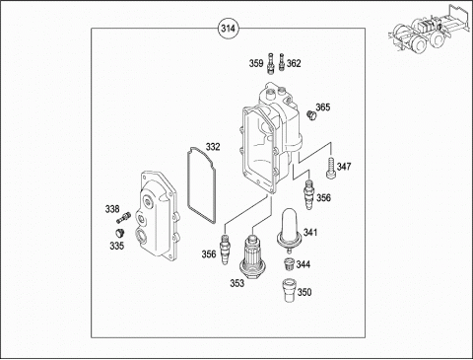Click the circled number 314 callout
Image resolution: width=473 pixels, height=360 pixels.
click(228, 29)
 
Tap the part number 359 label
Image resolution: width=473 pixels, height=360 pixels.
click(256, 63)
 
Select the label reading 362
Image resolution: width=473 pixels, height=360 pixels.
click(294, 63)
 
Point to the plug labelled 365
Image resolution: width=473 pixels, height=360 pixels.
click(310, 115)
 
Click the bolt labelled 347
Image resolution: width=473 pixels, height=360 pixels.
click(331, 169)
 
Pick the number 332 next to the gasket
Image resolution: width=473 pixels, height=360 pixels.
click(213, 147)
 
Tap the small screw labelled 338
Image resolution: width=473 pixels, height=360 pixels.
click(123, 217)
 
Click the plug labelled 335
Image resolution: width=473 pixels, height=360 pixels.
click(119, 233)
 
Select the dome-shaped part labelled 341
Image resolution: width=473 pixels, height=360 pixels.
click(289, 230)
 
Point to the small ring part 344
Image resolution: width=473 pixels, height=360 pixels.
click(289, 264)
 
